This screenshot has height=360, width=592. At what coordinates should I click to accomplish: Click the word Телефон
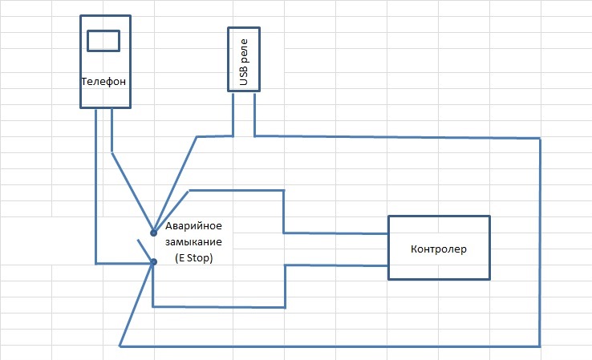[103, 82]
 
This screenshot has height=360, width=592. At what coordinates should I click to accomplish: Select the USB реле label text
[244, 62]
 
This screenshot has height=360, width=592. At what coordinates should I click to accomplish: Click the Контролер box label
[439, 249]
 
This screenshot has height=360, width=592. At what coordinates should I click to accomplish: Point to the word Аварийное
[193, 226]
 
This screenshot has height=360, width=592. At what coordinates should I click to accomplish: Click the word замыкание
[193, 242]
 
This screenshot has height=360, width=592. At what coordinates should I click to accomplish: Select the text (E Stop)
[193, 258]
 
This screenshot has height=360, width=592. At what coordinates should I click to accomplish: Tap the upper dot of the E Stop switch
[153, 233]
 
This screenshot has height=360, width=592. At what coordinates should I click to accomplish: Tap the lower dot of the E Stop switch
[154, 261]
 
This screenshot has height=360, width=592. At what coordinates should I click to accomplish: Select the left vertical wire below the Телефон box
[96, 186]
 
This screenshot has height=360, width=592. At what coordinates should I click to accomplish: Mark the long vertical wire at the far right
[540, 242]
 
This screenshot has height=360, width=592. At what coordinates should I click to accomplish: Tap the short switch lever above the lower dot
[145, 250]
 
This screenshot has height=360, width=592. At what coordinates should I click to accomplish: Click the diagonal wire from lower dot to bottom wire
[136, 304]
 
